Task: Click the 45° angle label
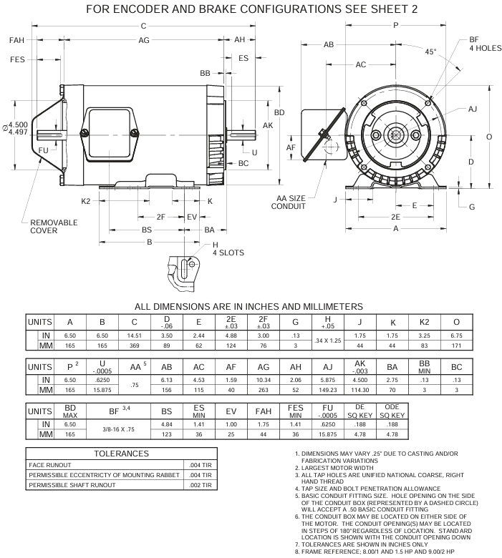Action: pos(430,52)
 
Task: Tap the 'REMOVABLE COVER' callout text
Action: pos(54,226)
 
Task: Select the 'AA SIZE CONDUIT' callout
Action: pos(288,202)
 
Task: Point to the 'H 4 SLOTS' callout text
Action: pos(228,249)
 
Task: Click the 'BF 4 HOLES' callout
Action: pos(485,44)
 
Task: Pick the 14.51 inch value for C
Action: pos(135,336)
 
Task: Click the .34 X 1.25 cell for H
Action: pos(327,341)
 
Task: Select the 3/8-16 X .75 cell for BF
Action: pos(118,429)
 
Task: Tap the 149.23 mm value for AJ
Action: pos(328,390)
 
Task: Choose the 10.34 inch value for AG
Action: pos(264,380)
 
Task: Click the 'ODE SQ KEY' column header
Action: pos(392,411)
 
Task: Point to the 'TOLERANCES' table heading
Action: pos(121,454)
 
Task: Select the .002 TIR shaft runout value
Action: pos(201,485)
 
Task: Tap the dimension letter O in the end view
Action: pos(489,137)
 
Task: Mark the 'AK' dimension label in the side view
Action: pos(268,125)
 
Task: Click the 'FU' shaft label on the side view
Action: pos(44,150)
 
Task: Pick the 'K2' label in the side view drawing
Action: pos(86,201)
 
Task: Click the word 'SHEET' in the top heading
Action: pos(390,9)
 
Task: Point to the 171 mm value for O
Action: pos(456,346)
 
